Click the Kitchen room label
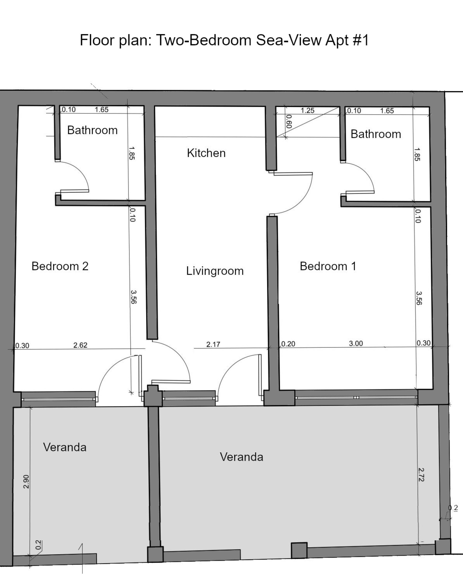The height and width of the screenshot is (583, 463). click(206, 153)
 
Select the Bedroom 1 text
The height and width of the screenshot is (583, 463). click(328, 266)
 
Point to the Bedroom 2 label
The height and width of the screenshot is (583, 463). click(60, 266)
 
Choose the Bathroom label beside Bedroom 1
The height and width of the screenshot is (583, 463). click(376, 134)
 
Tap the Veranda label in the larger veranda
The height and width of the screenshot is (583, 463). click(241, 457)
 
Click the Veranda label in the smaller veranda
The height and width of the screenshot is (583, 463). click(65, 447)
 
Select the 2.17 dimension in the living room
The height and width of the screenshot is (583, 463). click(213, 344)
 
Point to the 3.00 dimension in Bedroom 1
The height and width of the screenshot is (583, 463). click(356, 343)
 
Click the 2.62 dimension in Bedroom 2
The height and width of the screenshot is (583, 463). click(80, 345)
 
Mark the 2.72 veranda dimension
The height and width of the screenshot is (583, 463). click(421, 475)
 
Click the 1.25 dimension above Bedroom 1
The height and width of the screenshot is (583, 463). click(307, 110)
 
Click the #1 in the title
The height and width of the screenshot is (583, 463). click(361, 40)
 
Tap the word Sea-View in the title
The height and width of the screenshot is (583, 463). click(289, 40)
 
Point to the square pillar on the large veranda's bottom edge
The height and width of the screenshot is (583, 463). click(299, 550)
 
